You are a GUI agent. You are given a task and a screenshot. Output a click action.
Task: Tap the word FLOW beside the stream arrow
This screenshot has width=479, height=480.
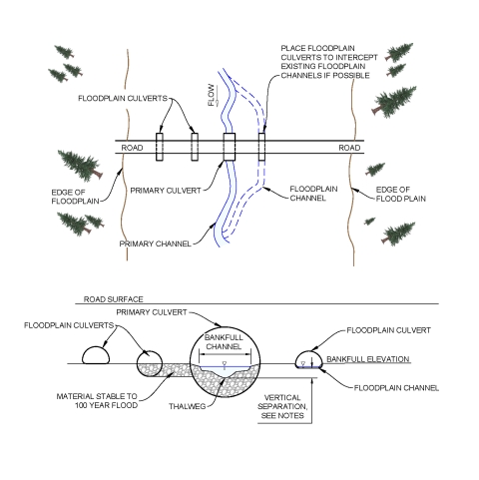(x=211, y=96)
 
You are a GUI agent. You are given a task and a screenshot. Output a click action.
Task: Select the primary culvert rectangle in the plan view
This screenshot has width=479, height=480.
(x=229, y=146)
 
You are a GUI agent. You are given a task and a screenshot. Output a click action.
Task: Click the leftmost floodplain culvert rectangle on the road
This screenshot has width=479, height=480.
(x=159, y=146)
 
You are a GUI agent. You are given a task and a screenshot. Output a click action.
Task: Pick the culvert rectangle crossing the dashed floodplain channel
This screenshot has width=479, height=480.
(x=261, y=146)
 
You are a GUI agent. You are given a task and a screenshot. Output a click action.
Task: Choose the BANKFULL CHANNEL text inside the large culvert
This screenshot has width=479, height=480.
(x=224, y=343)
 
